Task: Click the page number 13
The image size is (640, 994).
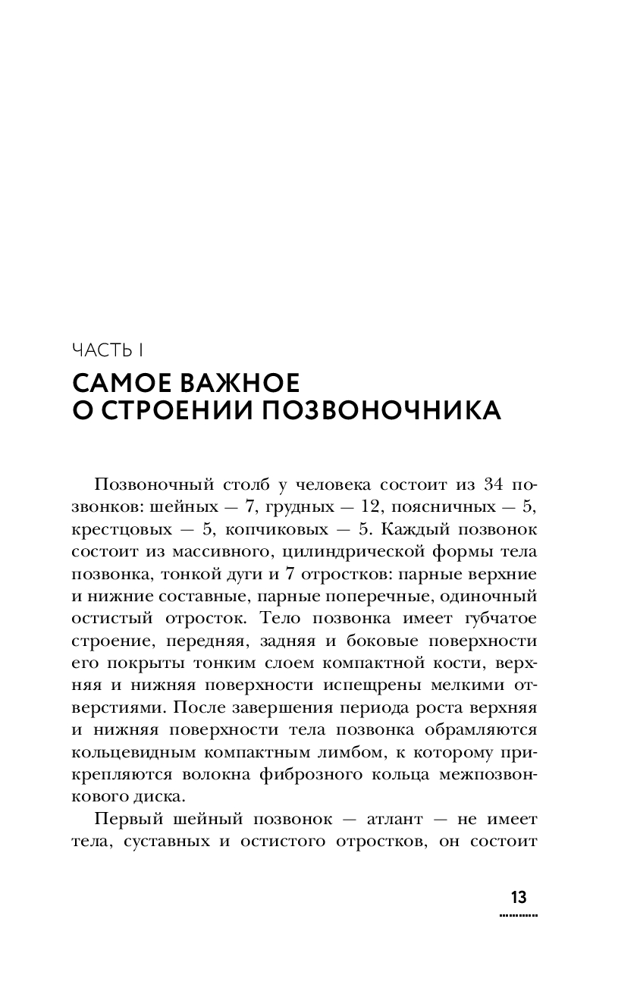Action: tap(519, 898)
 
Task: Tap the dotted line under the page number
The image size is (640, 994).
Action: tap(519, 916)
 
